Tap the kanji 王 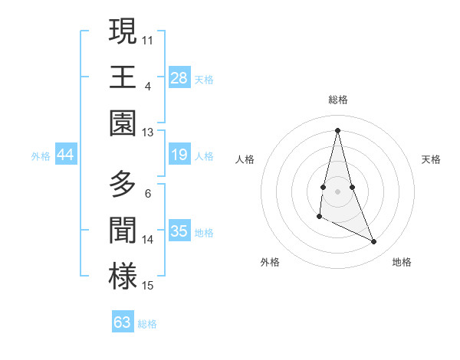click(x=123, y=77)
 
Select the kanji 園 click(x=123, y=123)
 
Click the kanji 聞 click(x=123, y=230)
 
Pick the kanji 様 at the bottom click(x=123, y=277)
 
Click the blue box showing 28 click(x=179, y=77)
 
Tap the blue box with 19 click(x=179, y=155)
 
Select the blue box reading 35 click(x=179, y=231)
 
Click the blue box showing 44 click(x=66, y=155)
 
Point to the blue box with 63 click(x=123, y=322)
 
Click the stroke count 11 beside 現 click(x=148, y=38)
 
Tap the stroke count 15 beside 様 click(x=148, y=286)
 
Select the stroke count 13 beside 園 click(x=148, y=132)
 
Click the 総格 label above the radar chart click(x=337, y=100)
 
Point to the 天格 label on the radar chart click(x=431, y=159)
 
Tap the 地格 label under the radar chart click(x=402, y=262)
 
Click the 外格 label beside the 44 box click(x=41, y=155)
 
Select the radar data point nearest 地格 click(x=374, y=242)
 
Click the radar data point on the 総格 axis click(x=337, y=129)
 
